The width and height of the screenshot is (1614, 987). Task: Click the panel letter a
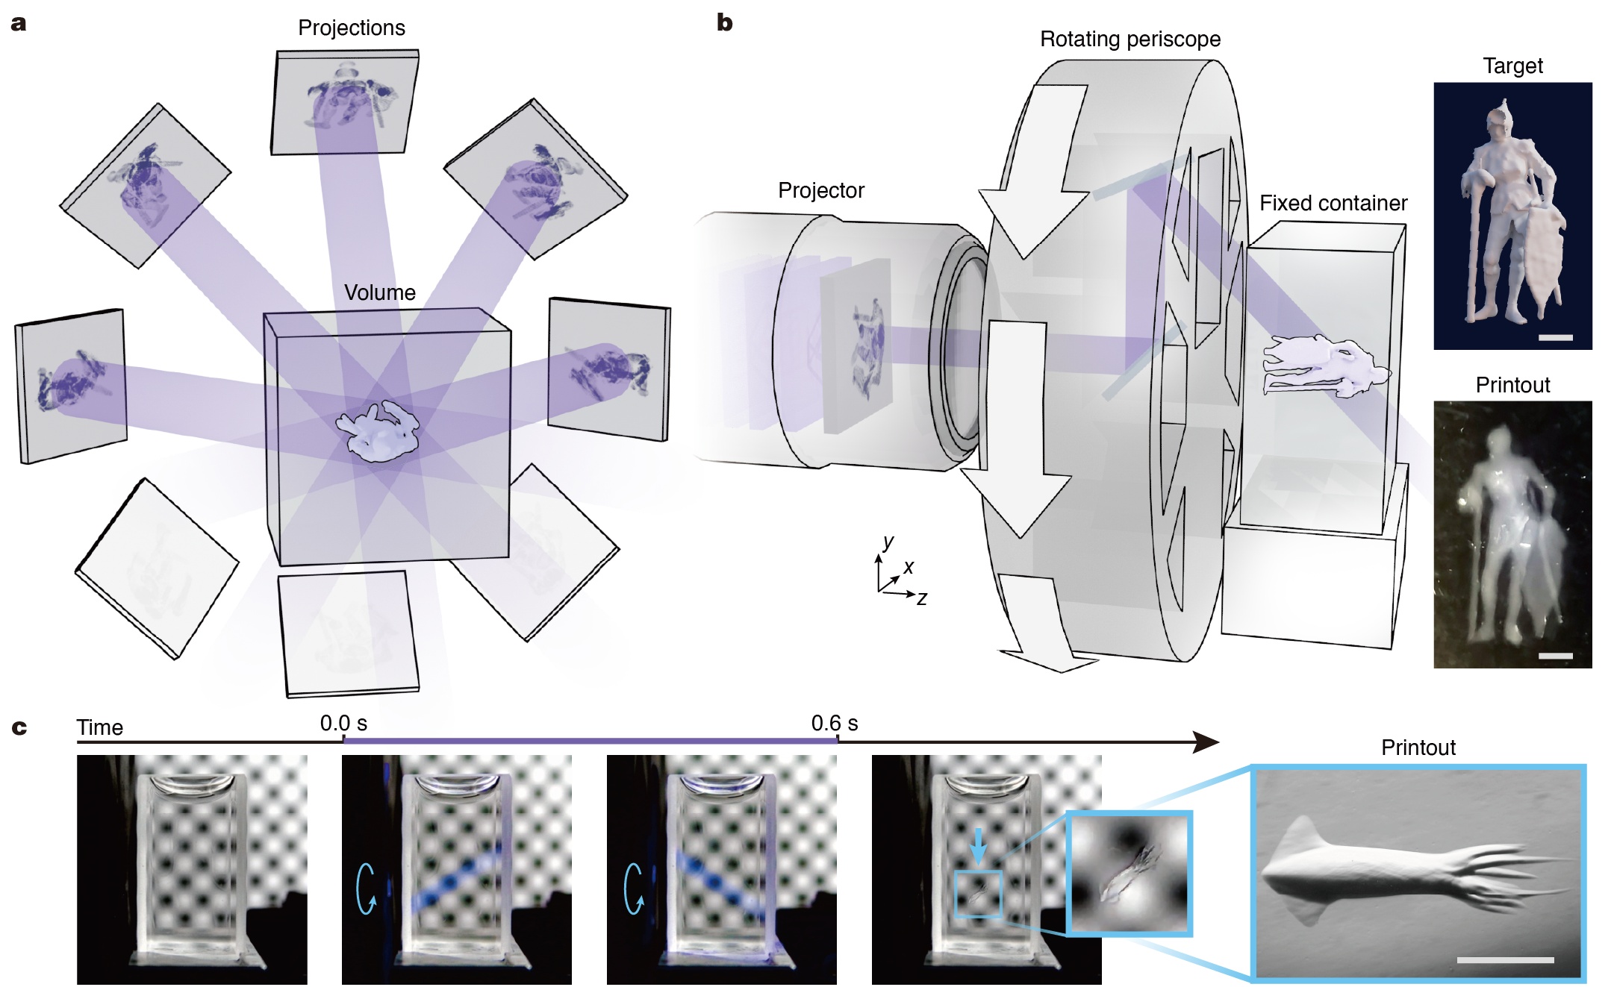19,24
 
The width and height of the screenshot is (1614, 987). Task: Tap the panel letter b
724,23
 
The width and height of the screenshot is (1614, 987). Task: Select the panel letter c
19,727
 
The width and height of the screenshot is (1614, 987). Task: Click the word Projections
351,28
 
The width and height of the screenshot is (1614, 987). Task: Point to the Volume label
379,292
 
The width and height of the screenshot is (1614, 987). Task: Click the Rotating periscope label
1130,40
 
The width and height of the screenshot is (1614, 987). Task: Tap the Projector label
820,191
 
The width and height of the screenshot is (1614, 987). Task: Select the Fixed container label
1333,204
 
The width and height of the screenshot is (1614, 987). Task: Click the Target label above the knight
1512,66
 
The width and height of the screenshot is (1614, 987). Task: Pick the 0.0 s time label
343,724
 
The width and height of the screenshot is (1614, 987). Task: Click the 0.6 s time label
834,724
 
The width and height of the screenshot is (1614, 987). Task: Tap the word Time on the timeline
99,727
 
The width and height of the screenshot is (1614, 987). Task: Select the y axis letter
888,542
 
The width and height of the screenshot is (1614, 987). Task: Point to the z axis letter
922,598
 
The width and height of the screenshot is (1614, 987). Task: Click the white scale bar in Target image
1555,337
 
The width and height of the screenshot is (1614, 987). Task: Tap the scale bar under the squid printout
1504,960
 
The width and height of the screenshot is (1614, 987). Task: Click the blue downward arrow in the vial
979,847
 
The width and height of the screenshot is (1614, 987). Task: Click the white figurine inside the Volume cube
378,432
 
